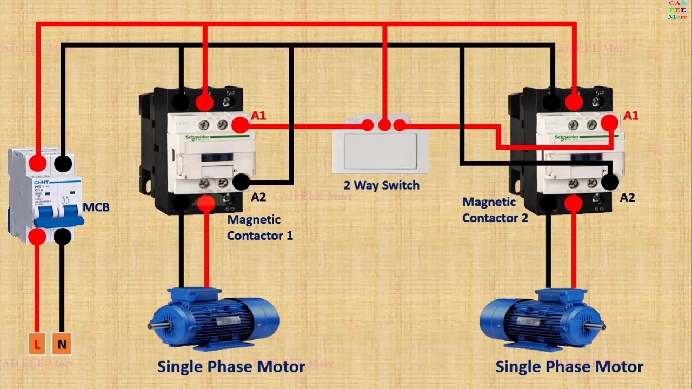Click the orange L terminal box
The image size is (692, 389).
pos(37,344)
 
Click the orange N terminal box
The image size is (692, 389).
pos(62,344)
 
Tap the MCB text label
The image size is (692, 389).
pos(96,207)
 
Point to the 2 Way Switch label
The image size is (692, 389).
pos(381,185)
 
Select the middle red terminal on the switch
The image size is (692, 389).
pos(384,125)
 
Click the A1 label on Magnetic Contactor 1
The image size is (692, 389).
pos(259,116)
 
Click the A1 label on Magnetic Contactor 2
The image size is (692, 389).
pos(631,116)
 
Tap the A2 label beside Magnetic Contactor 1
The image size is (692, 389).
pos(258,197)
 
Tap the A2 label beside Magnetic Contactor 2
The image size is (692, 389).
pos(627,198)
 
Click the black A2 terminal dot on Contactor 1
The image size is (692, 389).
pos(242,182)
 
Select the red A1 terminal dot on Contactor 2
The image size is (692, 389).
pos(610,123)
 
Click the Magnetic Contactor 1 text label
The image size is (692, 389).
pos(260,227)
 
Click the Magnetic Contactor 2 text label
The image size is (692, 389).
pos(495,210)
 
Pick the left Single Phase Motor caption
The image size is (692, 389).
pos(231,367)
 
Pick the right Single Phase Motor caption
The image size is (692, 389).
pos(569,367)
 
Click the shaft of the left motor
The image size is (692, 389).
pos(156,325)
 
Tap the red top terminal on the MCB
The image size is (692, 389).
pos(37,163)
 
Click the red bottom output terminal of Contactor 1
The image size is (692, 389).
pos(206,203)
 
